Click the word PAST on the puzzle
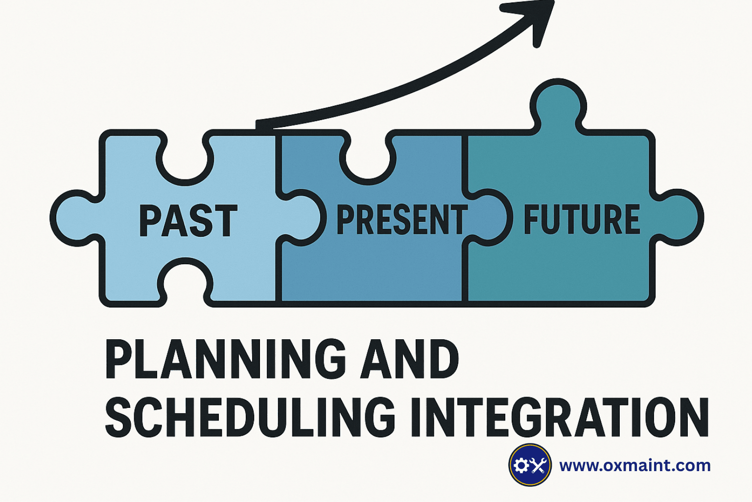point(188,221)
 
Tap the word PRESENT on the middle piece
point(402,220)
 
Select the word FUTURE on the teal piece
point(582,219)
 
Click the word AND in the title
point(409,359)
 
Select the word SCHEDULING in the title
point(250,417)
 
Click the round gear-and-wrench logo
point(530,465)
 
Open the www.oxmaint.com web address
point(634,465)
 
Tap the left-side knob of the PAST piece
point(74,218)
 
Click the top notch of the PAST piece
point(185,159)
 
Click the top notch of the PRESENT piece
point(368,159)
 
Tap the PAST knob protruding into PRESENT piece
point(304,218)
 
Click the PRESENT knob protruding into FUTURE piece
point(490,218)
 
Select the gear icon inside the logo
point(522,465)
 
